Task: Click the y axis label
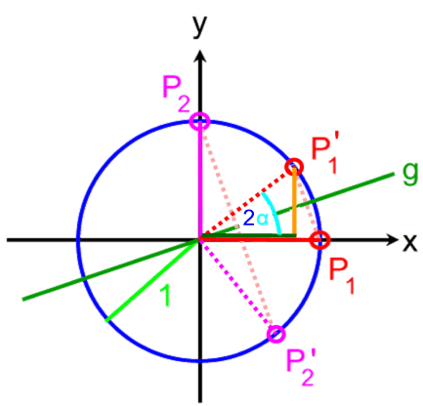[199, 25]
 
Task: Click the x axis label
[410, 242]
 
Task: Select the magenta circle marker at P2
[200, 122]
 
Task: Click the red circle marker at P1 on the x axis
[319, 240]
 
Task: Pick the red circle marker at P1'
[294, 167]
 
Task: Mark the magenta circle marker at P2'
[276, 334]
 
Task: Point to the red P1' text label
[324, 154]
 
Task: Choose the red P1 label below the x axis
[341, 277]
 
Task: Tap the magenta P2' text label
[300, 367]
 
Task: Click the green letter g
[409, 174]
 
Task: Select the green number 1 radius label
[165, 296]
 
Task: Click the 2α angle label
[256, 219]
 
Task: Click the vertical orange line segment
[294, 201]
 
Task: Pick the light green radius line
[152, 281]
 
